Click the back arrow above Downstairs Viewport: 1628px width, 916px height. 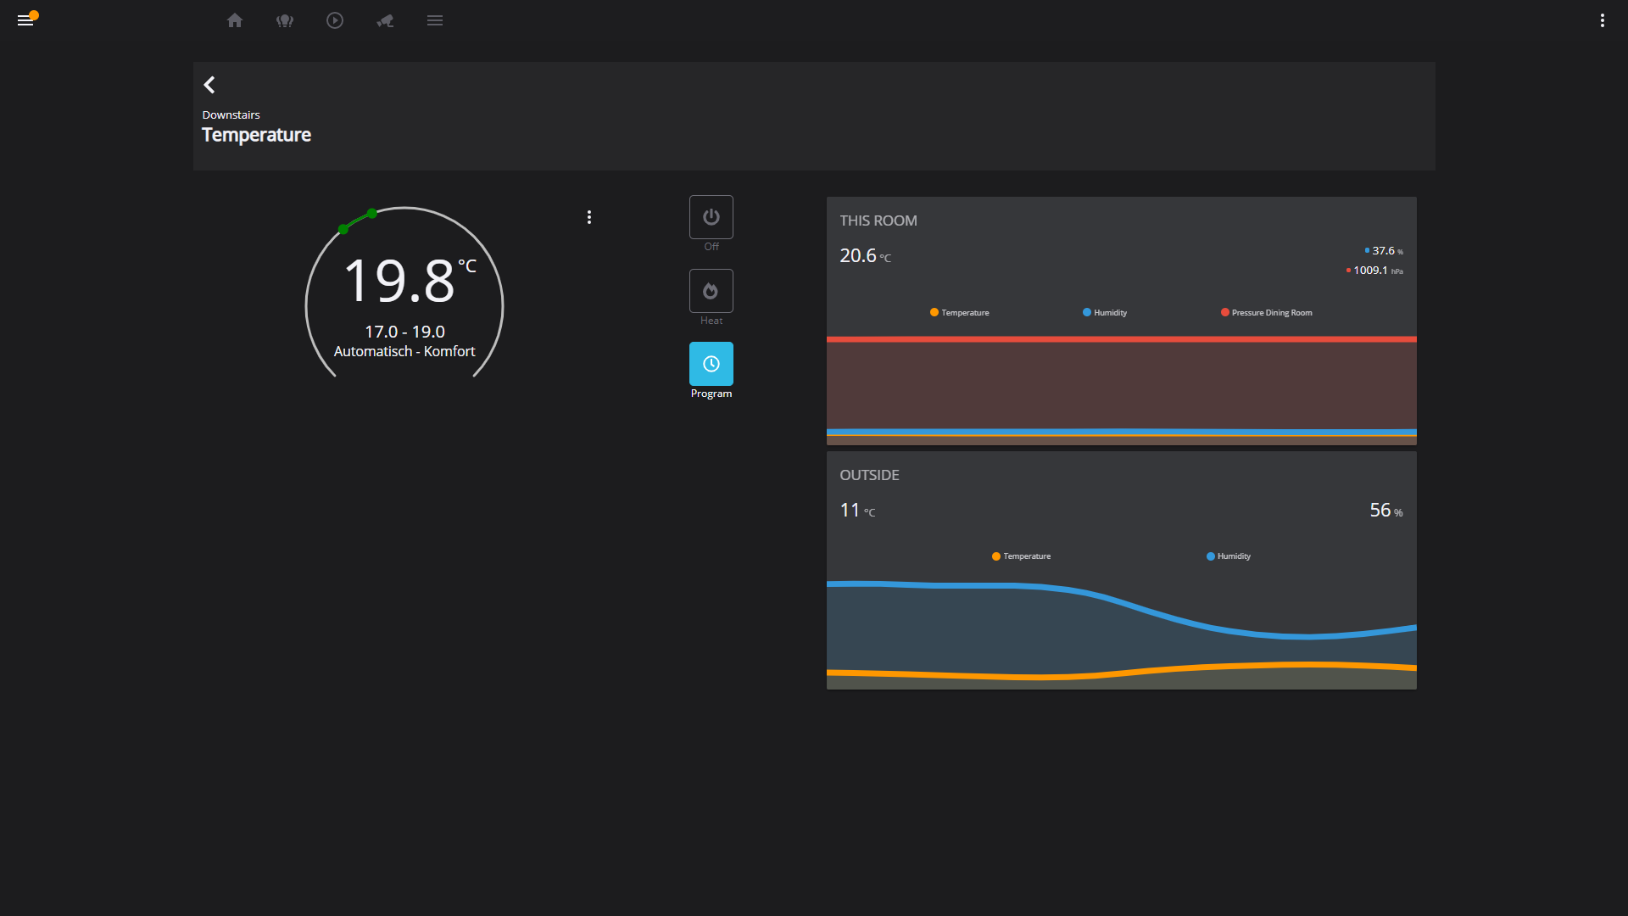[x=209, y=85]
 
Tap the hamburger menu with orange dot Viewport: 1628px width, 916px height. [x=25, y=20]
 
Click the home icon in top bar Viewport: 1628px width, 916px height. [x=235, y=20]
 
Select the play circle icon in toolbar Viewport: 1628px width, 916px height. [x=335, y=20]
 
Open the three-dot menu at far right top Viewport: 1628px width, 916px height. [x=1602, y=20]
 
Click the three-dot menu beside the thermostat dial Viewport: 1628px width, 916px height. [x=589, y=217]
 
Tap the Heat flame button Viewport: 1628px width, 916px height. [x=711, y=291]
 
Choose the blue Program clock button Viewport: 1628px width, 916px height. [x=711, y=364]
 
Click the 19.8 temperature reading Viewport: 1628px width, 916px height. [x=400, y=281]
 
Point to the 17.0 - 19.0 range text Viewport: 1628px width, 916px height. [x=404, y=332]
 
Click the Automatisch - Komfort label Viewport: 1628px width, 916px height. [x=404, y=351]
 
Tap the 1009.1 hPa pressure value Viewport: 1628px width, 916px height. [x=1370, y=271]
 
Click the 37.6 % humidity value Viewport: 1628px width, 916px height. [x=1383, y=251]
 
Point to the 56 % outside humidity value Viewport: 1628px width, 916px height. [x=1385, y=511]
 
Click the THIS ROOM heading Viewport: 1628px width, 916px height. [x=878, y=221]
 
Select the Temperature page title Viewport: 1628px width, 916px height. [x=256, y=135]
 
